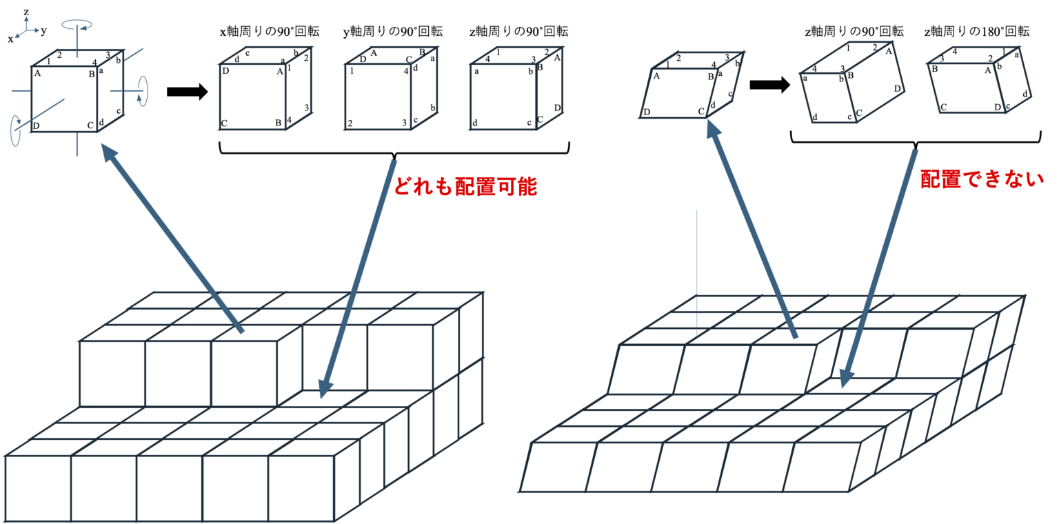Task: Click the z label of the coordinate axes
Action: pos(26,12)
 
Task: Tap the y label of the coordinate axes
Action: pos(43,30)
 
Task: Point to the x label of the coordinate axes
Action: pos(10,39)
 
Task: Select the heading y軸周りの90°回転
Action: pos(392,32)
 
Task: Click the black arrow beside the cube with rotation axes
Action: pos(187,92)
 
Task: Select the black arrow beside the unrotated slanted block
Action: pos(769,85)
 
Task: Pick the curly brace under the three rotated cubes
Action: pos(394,150)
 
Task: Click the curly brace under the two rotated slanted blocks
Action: pos(915,141)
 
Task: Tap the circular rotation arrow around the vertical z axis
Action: pos(77,26)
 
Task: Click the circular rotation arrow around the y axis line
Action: pos(143,91)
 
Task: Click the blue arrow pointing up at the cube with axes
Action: pos(172,237)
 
